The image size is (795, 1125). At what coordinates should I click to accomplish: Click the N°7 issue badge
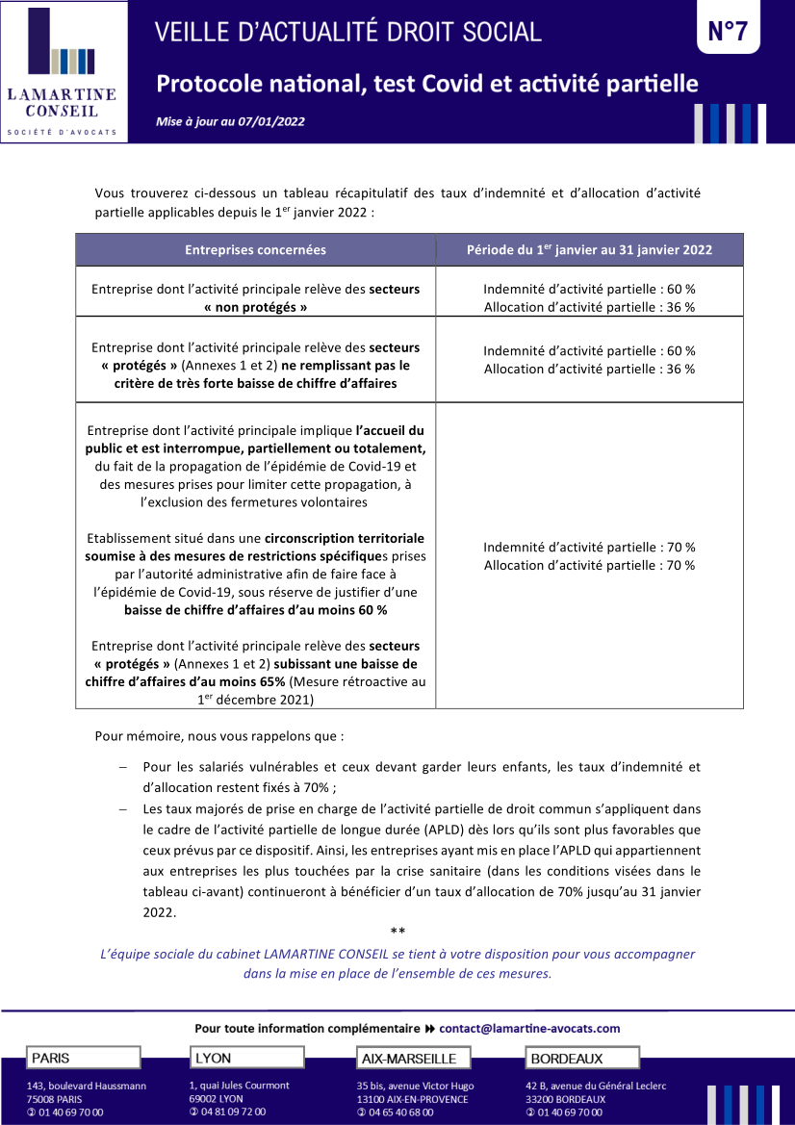pyautogui.click(x=728, y=32)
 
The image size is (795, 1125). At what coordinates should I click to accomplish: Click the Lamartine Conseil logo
pyautogui.click(x=63, y=73)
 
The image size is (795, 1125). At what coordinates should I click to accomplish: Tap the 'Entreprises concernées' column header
pyautogui.click(x=255, y=250)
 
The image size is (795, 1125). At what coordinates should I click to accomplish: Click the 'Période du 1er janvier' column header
pyautogui.click(x=589, y=250)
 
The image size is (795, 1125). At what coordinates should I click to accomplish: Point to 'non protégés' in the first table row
pyautogui.click(x=255, y=307)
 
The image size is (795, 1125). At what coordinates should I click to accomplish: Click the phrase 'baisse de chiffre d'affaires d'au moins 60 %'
pyautogui.click(x=255, y=610)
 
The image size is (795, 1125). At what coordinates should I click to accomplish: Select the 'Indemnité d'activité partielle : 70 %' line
pyautogui.click(x=589, y=548)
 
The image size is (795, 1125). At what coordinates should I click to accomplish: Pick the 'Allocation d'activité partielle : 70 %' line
pyautogui.click(x=589, y=565)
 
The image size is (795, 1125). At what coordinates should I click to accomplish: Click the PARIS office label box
pyautogui.click(x=84, y=1058)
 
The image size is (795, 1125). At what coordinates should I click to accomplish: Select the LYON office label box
pyautogui.click(x=245, y=1058)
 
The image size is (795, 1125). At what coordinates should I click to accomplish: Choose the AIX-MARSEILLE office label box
pyautogui.click(x=413, y=1059)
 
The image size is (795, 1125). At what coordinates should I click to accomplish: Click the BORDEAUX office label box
pyautogui.click(x=582, y=1059)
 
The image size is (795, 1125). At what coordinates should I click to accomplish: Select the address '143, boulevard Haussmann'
pyautogui.click(x=87, y=1086)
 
